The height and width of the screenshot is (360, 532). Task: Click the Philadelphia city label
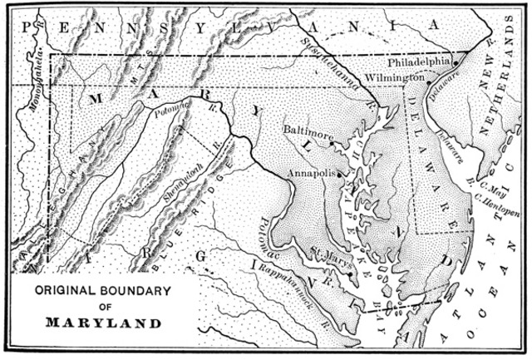click(419, 62)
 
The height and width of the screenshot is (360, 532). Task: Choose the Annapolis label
click(311, 173)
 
